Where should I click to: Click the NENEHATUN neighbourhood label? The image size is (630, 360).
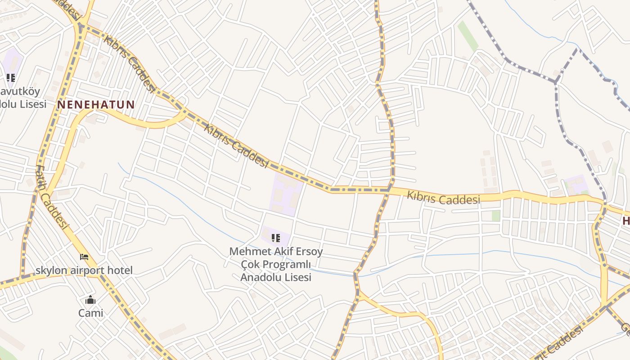pyautogui.click(x=96, y=105)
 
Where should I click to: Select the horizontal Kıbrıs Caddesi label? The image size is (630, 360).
pyautogui.click(x=444, y=198)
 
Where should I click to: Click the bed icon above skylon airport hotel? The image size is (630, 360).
pyautogui.click(x=84, y=257)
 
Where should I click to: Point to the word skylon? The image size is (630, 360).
pyautogui.click(x=51, y=270)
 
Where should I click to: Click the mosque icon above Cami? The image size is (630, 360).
pyautogui.click(x=90, y=300)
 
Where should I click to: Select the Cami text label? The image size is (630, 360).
pyautogui.click(x=90, y=313)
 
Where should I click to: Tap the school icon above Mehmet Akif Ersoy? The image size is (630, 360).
pyautogui.click(x=276, y=238)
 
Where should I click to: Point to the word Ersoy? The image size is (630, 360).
pyautogui.click(x=308, y=251)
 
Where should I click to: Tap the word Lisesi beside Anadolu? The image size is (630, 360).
pyautogui.click(x=298, y=277)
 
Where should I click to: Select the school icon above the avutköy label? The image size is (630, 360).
pyautogui.click(x=11, y=77)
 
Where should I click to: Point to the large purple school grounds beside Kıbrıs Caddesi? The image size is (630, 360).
pyautogui.click(x=285, y=195)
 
